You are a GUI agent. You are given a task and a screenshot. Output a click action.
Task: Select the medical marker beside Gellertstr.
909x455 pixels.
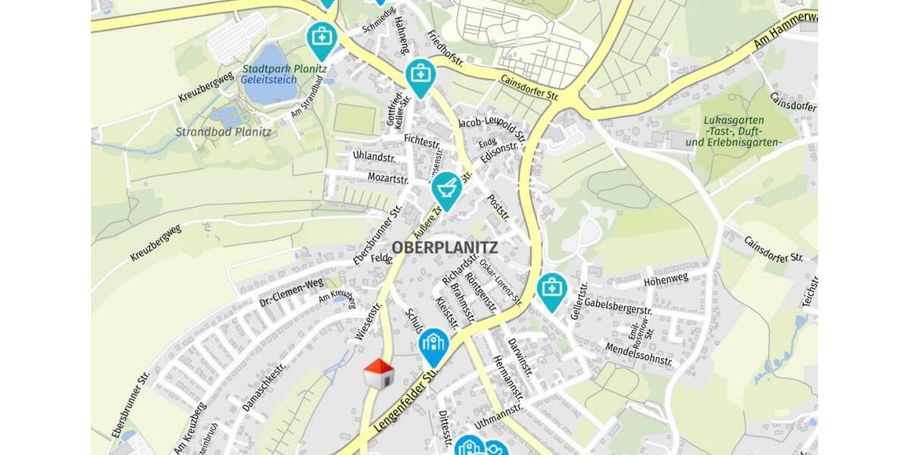[552, 290]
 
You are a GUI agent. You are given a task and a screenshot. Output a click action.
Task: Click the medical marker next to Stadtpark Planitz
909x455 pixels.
[321, 38]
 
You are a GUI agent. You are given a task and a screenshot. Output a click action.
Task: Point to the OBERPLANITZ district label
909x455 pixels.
[445, 247]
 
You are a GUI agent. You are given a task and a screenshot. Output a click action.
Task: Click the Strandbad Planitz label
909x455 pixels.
[223, 132]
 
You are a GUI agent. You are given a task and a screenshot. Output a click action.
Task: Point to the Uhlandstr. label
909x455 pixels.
[374, 156]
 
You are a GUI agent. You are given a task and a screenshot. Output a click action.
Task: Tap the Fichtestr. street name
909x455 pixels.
[422, 140]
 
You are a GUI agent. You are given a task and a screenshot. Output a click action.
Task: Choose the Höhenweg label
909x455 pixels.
[666, 278]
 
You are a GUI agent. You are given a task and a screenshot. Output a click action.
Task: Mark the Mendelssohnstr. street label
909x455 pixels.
[638, 353]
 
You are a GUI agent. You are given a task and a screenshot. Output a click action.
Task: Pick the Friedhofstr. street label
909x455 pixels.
[447, 49]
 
